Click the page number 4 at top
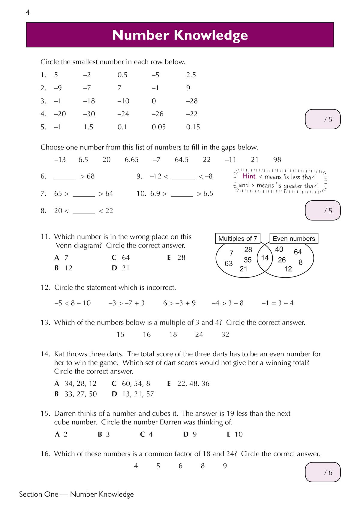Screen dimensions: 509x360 click(x=28, y=13)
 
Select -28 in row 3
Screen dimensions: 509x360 click(x=192, y=101)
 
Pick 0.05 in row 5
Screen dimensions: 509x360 click(x=158, y=127)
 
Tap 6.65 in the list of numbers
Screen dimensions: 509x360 click(x=131, y=160)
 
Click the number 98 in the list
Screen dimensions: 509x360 click(x=277, y=160)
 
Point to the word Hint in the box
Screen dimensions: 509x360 click(x=249, y=176)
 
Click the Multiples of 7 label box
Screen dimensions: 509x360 click(x=238, y=239)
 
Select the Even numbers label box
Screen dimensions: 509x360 click(x=294, y=239)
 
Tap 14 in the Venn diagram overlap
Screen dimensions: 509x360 click(x=265, y=258)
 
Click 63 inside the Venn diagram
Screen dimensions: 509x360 click(x=229, y=263)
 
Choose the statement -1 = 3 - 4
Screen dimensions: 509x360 click(x=277, y=303)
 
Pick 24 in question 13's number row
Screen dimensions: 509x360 click(x=199, y=335)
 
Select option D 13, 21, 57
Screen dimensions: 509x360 click(x=133, y=394)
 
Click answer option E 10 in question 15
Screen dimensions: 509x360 click(x=235, y=435)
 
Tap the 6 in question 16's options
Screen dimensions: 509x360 click(x=180, y=466)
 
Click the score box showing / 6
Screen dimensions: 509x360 click(x=323, y=472)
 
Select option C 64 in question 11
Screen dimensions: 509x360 click(x=121, y=258)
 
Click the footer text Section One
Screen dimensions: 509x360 click(x=38, y=494)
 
